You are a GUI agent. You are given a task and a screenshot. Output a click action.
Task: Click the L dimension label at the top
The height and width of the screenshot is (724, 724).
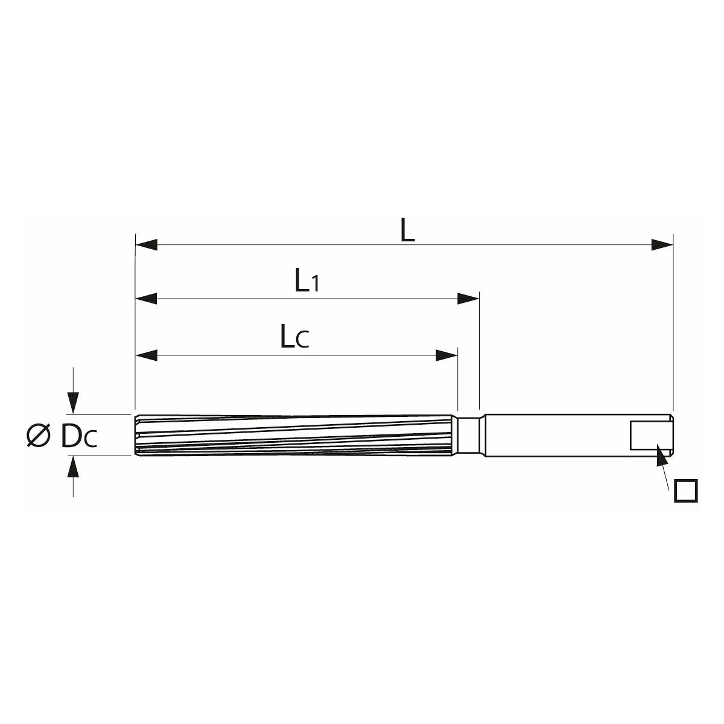407,229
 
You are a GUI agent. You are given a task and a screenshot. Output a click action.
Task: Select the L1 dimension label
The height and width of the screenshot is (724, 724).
307,280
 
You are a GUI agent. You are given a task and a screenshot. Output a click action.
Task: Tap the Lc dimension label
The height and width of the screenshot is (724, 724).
294,337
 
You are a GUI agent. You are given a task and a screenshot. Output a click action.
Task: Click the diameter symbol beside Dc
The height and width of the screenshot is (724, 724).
39,436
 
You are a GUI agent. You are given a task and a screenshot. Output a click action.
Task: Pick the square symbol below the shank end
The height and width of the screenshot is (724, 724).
686,491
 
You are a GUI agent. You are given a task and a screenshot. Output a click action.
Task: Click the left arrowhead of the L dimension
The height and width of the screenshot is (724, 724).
146,244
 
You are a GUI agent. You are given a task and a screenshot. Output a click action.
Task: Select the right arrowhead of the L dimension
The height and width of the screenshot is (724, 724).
662,244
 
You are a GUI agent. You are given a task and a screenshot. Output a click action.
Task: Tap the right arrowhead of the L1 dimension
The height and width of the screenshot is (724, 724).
468,299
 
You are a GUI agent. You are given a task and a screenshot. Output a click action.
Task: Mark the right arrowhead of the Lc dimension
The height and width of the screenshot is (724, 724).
446,355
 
